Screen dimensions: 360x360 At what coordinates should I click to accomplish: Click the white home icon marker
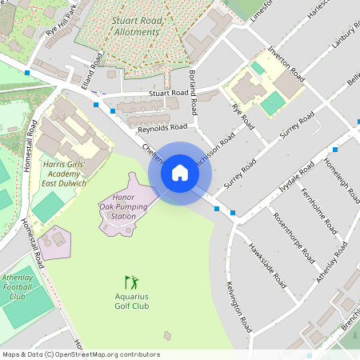[x=180, y=173]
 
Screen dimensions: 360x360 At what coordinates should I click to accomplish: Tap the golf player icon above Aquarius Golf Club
[x=130, y=282]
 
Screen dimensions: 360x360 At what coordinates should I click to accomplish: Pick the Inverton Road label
[x=287, y=63]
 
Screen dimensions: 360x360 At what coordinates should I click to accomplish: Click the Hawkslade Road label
[x=266, y=265]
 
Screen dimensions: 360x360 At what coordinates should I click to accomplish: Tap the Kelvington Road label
[x=239, y=307]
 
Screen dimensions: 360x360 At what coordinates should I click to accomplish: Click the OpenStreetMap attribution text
[x=80, y=354]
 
